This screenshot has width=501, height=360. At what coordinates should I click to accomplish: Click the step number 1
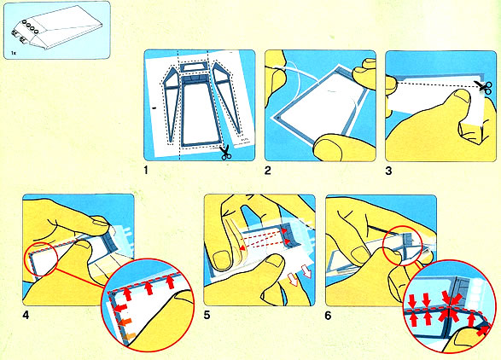tap(146, 171)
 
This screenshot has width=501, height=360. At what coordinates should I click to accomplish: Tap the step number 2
tap(268, 171)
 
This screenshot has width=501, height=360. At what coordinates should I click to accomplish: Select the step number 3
tap(388, 171)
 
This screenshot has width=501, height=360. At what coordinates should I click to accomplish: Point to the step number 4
tap(26, 316)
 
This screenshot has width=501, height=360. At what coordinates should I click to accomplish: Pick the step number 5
tap(207, 316)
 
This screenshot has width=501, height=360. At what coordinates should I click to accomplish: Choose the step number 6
tap(328, 316)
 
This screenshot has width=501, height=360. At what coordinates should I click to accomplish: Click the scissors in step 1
tap(225, 152)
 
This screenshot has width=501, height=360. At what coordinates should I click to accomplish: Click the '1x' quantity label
tap(14, 53)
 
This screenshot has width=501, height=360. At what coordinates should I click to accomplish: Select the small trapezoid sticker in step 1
tap(194, 67)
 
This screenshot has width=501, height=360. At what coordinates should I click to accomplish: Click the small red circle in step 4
tap(41, 258)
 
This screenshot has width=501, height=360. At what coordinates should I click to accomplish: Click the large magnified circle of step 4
tap(148, 305)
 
